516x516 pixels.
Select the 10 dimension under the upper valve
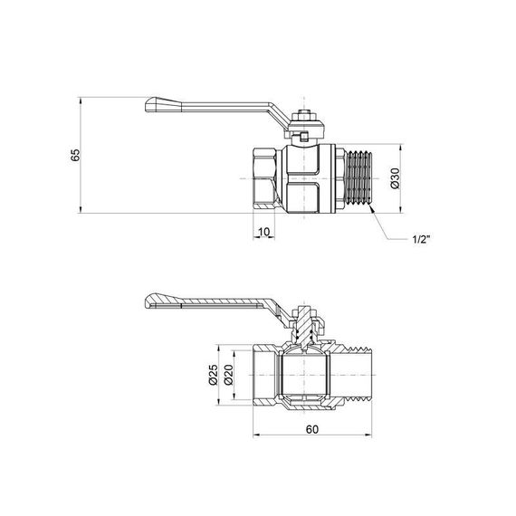263,232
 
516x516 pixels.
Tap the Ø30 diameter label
394,178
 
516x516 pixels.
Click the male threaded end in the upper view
359,178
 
